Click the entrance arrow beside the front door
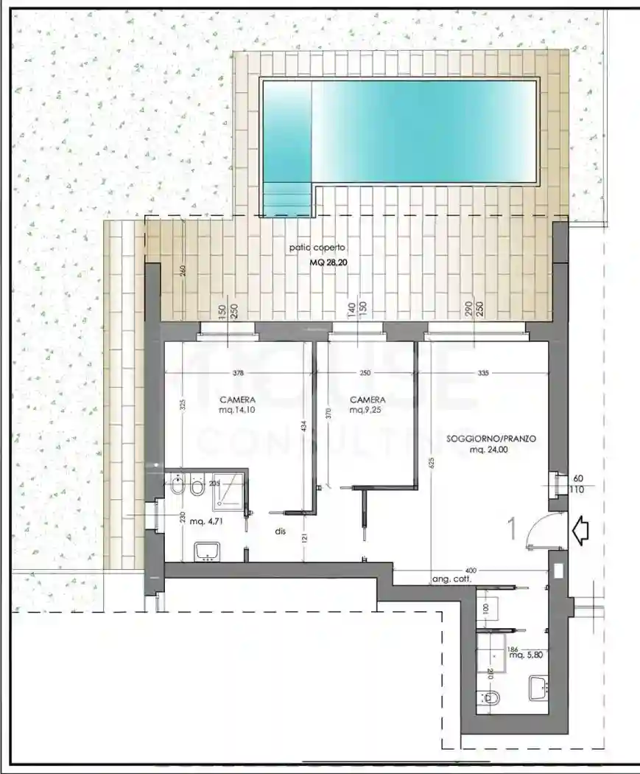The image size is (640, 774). point(580,531)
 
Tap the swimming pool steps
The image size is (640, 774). point(287,198)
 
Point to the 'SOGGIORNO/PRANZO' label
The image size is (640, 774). point(491,439)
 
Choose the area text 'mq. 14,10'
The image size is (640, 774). point(236,410)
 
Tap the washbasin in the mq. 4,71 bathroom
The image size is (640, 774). point(208,550)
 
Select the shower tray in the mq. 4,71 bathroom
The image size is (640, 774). point(230,490)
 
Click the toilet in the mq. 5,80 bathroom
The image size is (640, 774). point(490,697)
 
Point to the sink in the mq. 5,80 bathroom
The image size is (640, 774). point(539,689)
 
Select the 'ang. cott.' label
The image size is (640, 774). point(450,581)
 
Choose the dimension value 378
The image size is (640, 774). point(238,373)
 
